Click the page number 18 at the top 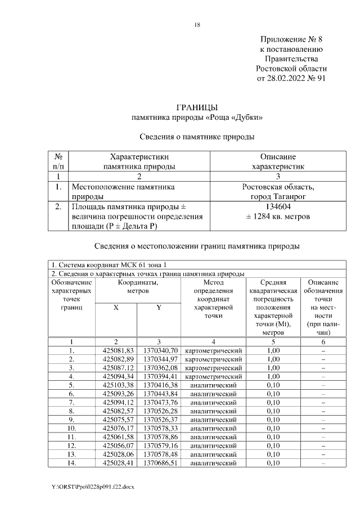pos(197,24)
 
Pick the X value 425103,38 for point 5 pos(116,385)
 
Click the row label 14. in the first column pos(72,463)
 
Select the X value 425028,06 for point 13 pos(116,454)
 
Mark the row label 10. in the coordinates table pos(72,428)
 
